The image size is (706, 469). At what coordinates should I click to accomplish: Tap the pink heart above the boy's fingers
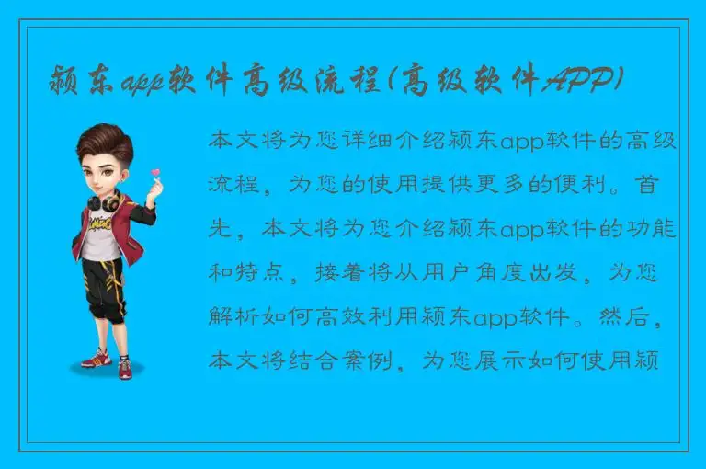point(155,172)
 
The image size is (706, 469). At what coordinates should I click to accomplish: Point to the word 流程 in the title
point(345,84)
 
